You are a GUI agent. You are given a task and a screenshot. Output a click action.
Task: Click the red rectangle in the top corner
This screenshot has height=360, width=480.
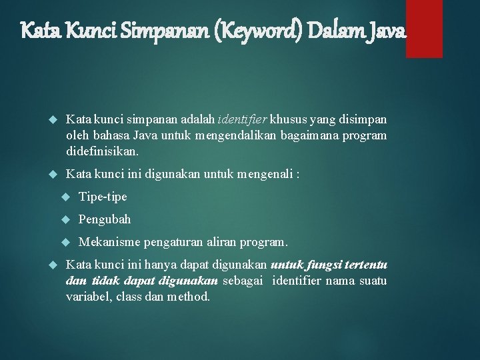pyautogui.click(x=424, y=29)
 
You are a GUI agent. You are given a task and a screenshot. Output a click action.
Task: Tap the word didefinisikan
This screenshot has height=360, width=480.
pyautogui.click(x=102, y=151)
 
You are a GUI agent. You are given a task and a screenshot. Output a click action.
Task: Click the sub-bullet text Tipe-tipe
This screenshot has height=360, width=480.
pyautogui.click(x=103, y=197)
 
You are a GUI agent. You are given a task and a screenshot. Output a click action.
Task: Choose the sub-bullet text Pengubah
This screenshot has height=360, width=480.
pyautogui.click(x=105, y=219)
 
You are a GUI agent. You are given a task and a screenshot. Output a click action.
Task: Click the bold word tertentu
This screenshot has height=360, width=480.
pyautogui.click(x=365, y=265)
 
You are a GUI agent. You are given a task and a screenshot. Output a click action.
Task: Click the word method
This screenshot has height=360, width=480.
pyautogui.click(x=189, y=297)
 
